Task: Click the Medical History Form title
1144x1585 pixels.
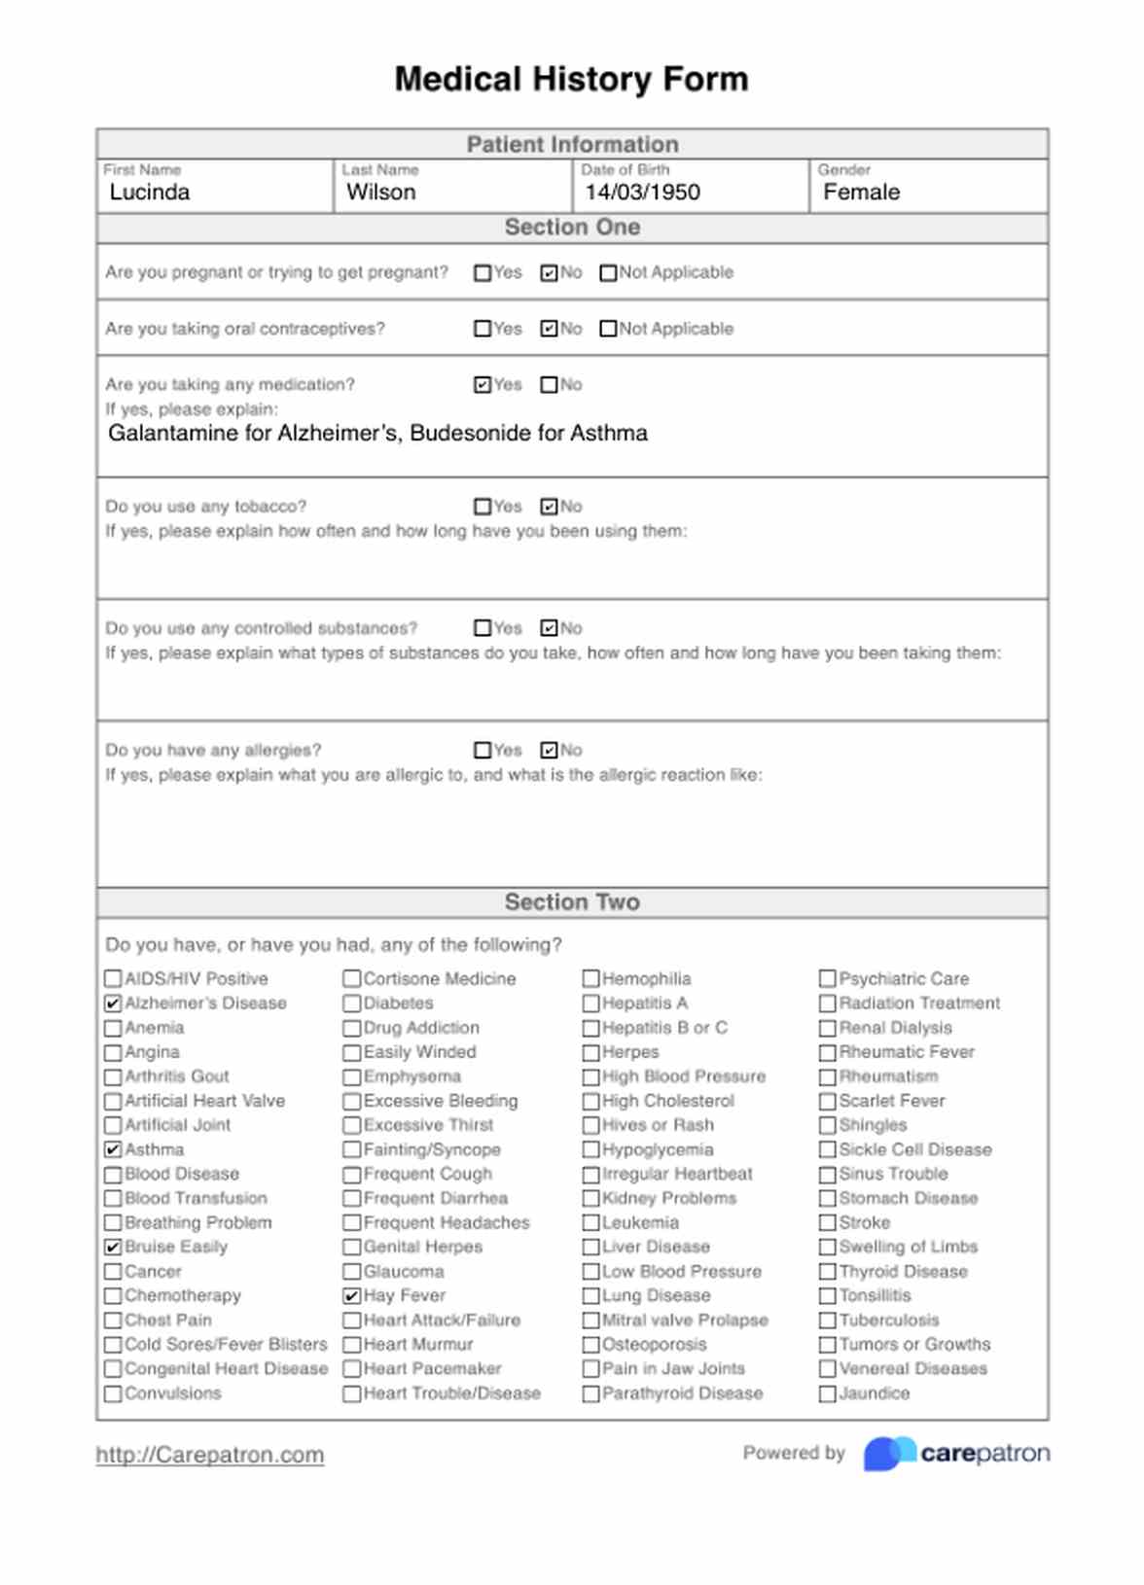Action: tap(571, 79)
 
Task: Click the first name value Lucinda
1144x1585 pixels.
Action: tap(150, 193)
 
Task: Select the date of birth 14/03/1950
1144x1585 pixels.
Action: tap(642, 193)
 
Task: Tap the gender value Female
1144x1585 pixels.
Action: tap(861, 193)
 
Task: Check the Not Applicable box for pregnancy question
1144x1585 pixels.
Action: tap(608, 273)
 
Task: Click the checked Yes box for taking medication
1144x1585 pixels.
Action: tap(483, 385)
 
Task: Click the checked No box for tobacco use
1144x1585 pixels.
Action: tap(549, 507)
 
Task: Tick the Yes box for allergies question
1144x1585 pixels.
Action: tap(483, 751)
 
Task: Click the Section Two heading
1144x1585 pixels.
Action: tap(571, 902)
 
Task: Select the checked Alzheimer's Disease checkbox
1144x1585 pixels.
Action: tap(113, 1004)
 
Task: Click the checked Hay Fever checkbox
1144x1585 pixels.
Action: tap(352, 1296)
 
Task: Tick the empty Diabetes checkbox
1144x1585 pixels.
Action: tap(352, 1004)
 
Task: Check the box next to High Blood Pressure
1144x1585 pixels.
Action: tap(590, 1077)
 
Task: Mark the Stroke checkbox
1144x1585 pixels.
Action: tap(828, 1223)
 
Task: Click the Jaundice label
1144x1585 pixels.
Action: tap(874, 1393)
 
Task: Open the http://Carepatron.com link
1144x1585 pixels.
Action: tap(209, 1455)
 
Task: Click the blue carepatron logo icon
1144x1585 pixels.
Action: tap(888, 1454)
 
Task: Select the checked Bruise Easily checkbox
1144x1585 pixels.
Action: tap(113, 1248)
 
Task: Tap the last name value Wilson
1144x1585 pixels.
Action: tap(380, 193)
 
